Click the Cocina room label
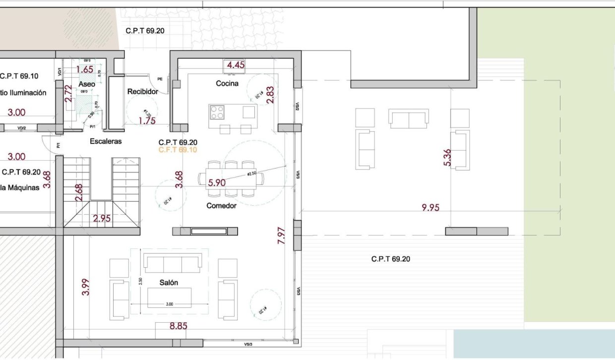[227, 83]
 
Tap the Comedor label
[221, 206]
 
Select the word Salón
[169, 282]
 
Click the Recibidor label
[142, 92]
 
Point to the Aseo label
[87, 84]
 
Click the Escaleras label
[106, 141]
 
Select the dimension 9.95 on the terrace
[430, 208]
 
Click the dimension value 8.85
[179, 326]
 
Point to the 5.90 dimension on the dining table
[217, 182]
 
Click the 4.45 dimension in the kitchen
[235, 64]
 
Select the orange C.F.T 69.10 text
[178, 149]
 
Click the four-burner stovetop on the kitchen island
[217, 113]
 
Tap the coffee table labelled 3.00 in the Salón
[169, 297]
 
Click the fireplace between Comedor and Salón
[209, 231]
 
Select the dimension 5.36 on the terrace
[447, 158]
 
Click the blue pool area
[534, 344]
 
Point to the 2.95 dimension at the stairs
[102, 218]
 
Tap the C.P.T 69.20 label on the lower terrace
[390, 259]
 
